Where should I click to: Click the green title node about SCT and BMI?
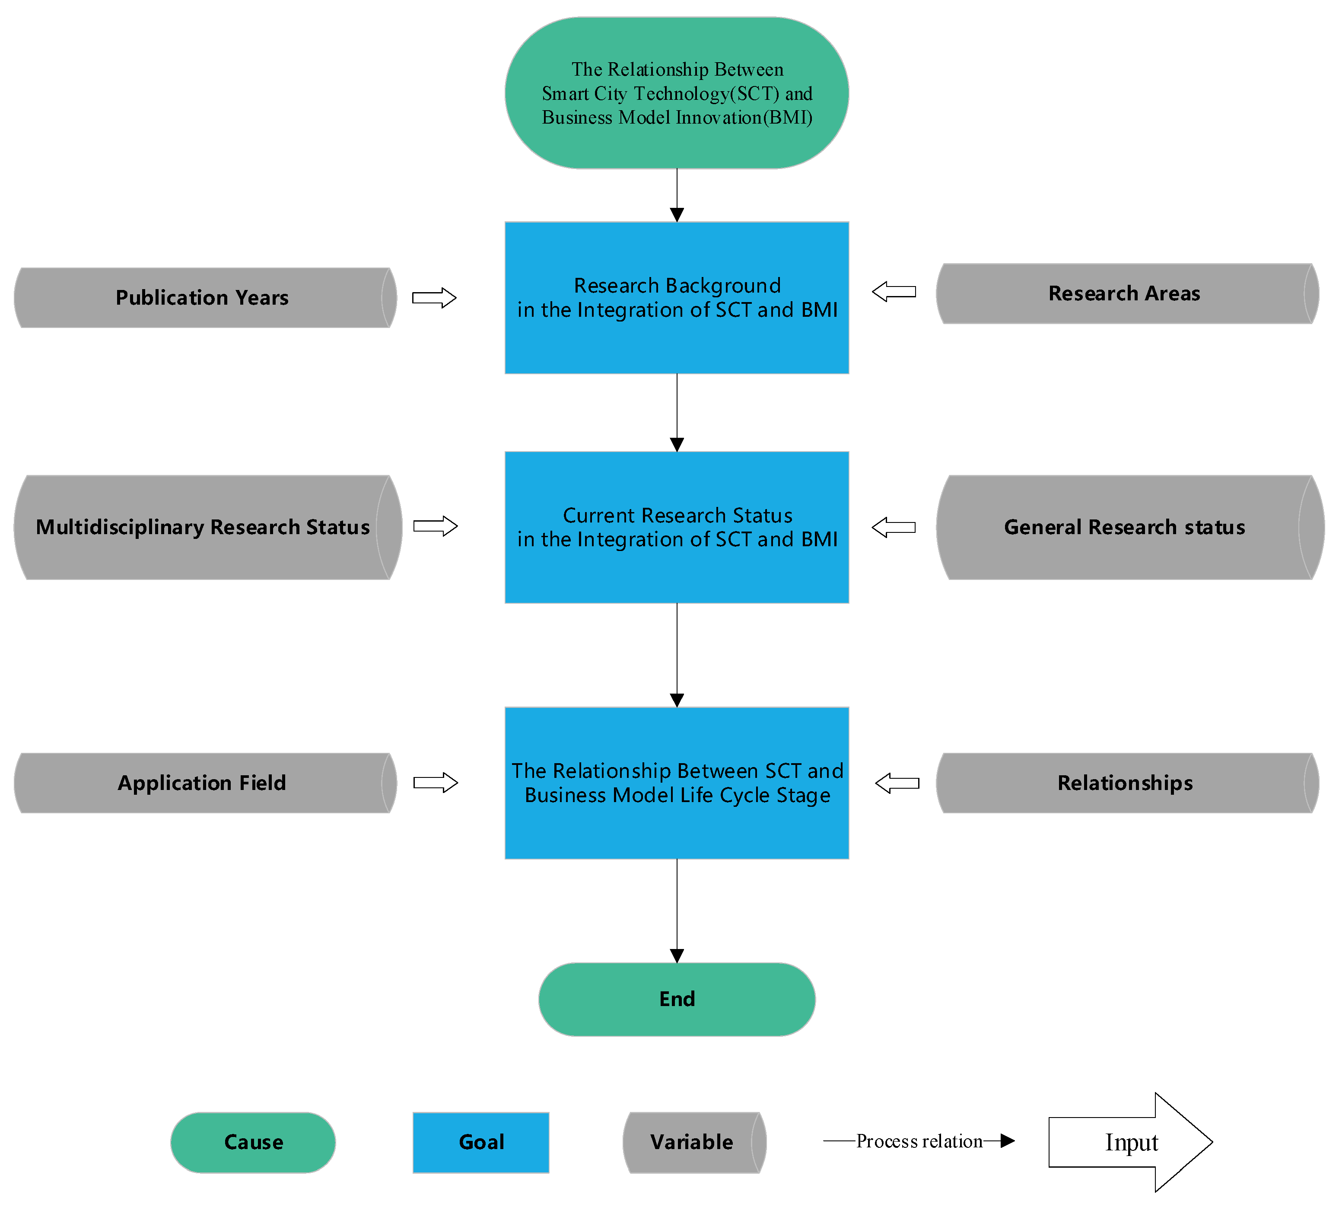677,93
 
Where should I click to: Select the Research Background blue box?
677,298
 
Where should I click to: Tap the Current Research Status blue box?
677,527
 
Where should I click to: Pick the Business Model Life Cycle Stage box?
677,783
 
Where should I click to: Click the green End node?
677,999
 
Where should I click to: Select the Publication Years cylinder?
202,298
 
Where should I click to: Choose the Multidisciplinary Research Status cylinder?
202,527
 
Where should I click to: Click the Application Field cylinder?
202,783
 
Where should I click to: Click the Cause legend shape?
253,1142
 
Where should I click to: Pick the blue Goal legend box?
481,1142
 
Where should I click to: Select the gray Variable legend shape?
693,1142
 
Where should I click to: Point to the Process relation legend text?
919,1141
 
